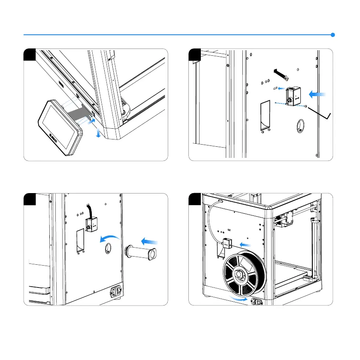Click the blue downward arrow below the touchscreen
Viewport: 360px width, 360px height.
99,134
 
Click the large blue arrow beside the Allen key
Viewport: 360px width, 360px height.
318,93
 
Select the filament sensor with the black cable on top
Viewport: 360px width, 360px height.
91,224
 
